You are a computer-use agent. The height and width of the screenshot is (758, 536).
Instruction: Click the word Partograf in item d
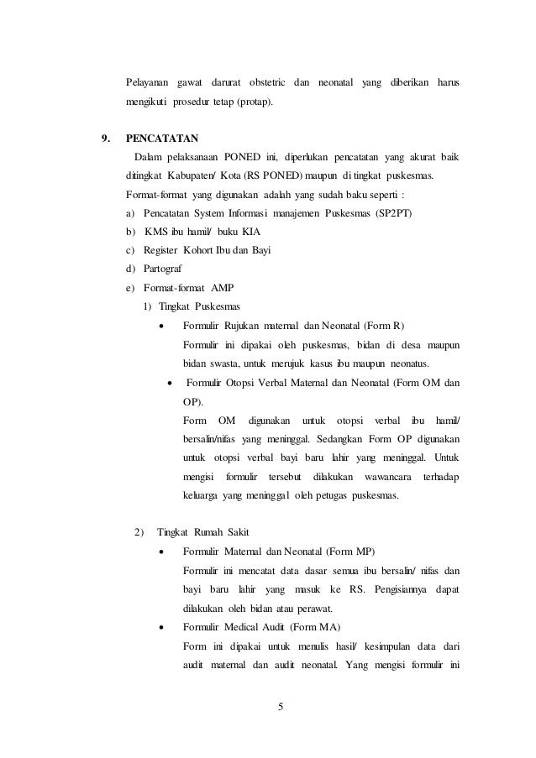165,269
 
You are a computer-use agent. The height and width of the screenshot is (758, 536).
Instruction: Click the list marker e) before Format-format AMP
129,289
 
